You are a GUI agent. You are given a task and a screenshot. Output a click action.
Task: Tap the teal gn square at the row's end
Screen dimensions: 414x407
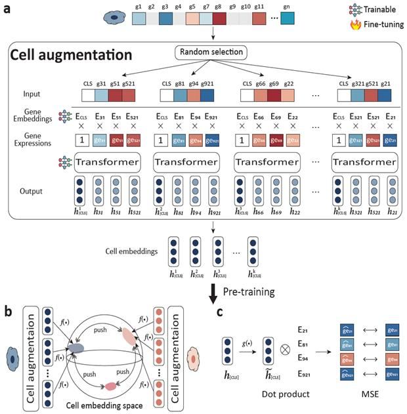pyautogui.click(x=287, y=17)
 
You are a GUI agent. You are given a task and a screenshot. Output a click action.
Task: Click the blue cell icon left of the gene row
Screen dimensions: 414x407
pyautogui.click(x=113, y=17)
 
